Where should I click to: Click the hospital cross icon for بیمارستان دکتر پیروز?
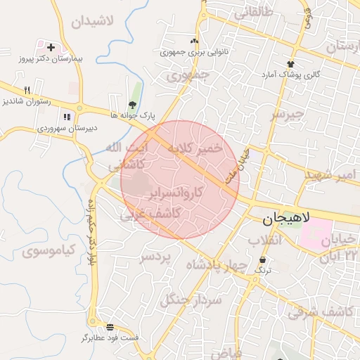[x=50, y=46]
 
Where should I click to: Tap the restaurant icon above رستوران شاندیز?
[x=27, y=90]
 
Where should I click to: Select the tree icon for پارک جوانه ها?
[x=133, y=104]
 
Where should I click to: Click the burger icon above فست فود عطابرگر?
[x=110, y=327]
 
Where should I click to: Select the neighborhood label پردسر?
[x=155, y=257]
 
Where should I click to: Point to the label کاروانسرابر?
[x=176, y=191]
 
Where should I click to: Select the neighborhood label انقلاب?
[x=265, y=240]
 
